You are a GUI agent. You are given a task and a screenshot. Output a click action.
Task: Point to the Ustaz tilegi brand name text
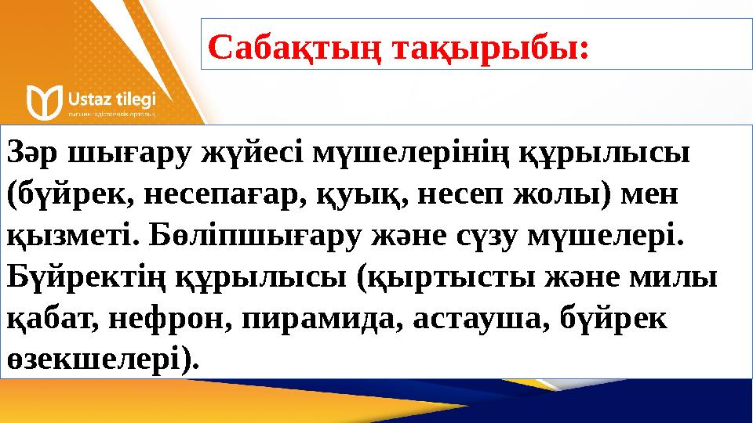(113, 99)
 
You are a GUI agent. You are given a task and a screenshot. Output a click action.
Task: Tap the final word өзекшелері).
(103, 360)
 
